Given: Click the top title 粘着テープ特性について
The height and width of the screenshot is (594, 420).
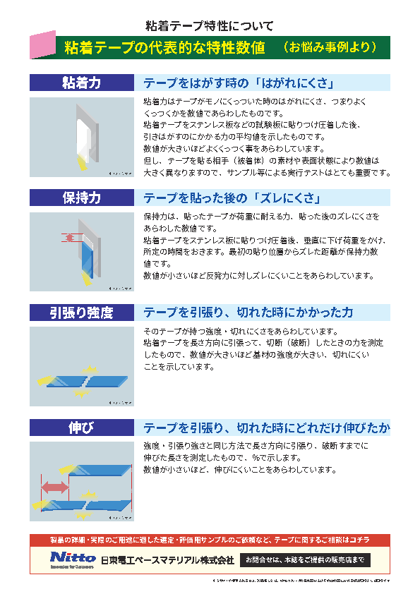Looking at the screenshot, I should click(209, 26).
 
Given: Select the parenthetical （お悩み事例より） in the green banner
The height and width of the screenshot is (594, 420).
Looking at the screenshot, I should click(330, 47).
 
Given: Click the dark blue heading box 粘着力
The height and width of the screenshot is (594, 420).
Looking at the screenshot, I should click(82, 83).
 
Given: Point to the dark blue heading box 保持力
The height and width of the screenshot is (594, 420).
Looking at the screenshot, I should click(82, 197).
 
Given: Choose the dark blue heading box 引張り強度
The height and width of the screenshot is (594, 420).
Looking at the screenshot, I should click(82, 312).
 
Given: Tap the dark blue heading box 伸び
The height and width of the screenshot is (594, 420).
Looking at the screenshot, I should click(82, 428).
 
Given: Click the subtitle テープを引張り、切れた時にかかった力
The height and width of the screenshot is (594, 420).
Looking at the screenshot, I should click(248, 312).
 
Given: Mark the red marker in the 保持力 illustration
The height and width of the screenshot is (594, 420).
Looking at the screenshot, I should click(71, 238).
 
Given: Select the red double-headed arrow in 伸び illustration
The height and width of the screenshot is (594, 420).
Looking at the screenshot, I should click(54, 487).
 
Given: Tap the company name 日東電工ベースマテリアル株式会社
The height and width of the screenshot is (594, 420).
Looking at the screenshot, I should click(167, 560).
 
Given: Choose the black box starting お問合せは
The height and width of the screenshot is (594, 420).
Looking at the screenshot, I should click(304, 559).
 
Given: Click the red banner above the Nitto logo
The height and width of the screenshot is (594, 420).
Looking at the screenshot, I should click(210, 540).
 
